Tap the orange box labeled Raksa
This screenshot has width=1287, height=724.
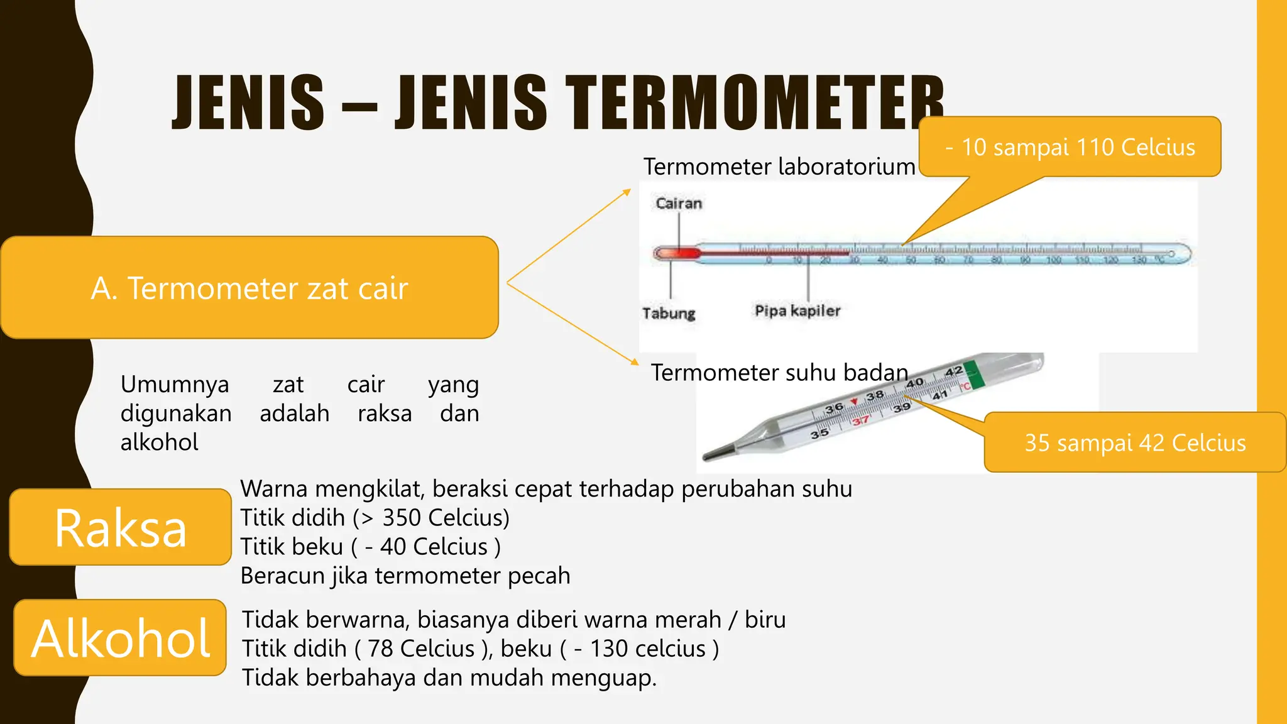pos(121,527)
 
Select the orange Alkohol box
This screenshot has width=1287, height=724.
pos(120,638)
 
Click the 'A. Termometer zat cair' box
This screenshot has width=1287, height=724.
pos(249,288)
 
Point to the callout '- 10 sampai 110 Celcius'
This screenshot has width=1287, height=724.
pos(1070,147)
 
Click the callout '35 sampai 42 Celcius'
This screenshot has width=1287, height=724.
pos(1135,442)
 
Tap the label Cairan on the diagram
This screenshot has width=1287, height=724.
pos(679,203)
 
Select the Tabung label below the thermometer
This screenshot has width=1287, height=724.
pos(669,312)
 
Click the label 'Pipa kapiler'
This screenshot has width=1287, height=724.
pos(797,310)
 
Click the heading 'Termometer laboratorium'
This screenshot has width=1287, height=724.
pos(779,167)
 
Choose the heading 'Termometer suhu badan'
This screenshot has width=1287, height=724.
pos(779,373)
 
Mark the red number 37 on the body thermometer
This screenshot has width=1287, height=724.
pos(860,420)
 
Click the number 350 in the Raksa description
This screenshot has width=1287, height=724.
pos(402,518)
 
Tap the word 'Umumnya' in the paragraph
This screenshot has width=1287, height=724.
pos(175,384)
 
